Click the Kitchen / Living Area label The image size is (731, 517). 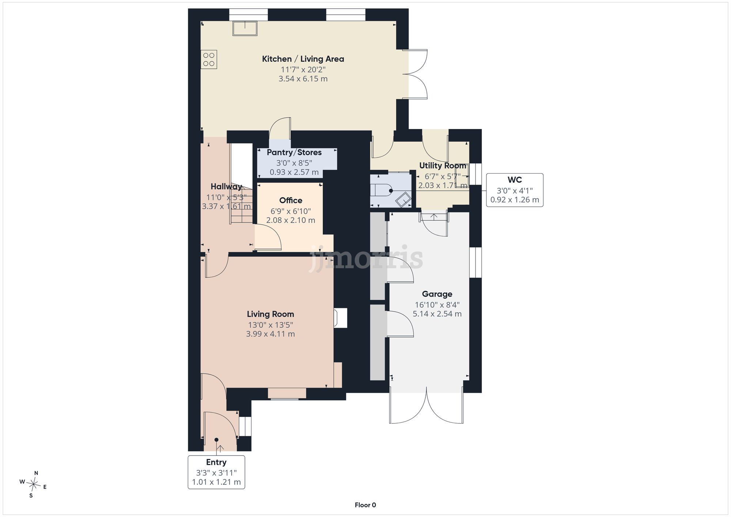click(x=303, y=59)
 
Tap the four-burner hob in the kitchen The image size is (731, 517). click(x=209, y=60)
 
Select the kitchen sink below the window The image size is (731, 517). click(x=245, y=28)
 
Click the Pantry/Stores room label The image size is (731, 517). click(x=294, y=152)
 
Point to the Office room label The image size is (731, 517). click(x=291, y=200)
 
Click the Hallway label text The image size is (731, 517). click(x=226, y=187)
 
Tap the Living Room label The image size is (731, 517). click(x=270, y=314)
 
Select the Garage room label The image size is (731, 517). click(x=437, y=294)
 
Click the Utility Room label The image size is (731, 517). click(x=443, y=166)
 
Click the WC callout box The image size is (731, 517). click(x=515, y=190)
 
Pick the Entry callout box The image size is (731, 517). click(x=216, y=472)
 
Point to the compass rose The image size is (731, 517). click(x=33, y=485)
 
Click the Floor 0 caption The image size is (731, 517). click(x=365, y=505)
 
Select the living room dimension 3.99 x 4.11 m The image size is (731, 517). click(x=270, y=334)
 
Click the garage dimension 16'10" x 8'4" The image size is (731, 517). click(x=437, y=305)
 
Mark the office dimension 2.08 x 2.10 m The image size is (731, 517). click(x=291, y=220)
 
